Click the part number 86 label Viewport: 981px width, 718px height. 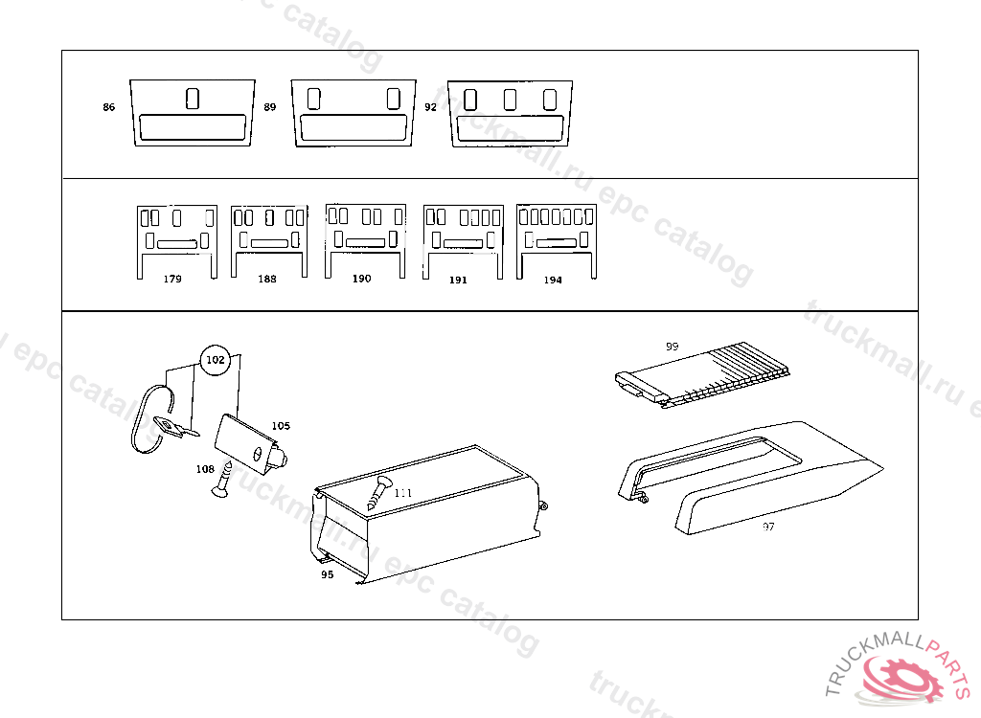(x=108, y=107)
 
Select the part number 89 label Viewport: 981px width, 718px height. (x=270, y=107)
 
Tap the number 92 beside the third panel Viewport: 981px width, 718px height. (x=430, y=107)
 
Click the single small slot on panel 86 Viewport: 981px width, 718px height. (x=192, y=98)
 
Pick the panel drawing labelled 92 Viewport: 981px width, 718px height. (x=510, y=114)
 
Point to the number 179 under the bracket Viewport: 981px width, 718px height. (x=172, y=280)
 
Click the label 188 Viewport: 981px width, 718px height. (x=267, y=280)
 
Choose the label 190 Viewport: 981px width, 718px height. (x=361, y=279)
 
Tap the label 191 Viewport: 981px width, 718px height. (x=458, y=280)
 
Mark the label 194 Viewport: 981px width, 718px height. (x=553, y=280)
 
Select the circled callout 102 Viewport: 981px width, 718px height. (x=216, y=360)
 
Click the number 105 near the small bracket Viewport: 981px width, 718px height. (x=281, y=425)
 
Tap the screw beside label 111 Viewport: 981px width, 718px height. (x=378, y=493)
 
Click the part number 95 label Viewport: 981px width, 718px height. (x=327, y=575)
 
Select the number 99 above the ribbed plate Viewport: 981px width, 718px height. (x=672, y=346)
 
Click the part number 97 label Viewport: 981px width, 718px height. (x=768, y=527)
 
